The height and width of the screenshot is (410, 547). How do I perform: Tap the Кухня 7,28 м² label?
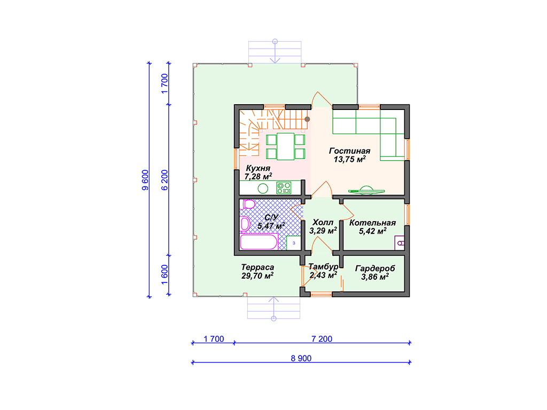click(x=258, y=172)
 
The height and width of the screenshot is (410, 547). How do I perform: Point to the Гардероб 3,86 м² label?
click(x=375, y=273)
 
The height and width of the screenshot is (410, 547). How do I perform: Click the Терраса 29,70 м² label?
click(x=257, y=272)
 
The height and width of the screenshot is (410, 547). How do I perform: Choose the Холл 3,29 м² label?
click(x=323, y=226)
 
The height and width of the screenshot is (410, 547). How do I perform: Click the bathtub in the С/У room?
click(x=259, y=242)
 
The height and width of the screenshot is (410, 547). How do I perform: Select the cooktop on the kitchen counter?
click(x=284, y=188)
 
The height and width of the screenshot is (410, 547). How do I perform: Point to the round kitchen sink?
click(x=263, y=188)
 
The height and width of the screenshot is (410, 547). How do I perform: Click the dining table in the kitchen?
click(x=285, y=146)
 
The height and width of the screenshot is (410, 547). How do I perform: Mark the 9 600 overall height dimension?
click(x=145, y=180)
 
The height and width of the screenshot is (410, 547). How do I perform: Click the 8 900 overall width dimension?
click(x=301, y=358)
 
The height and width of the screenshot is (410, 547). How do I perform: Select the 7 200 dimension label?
click(x=322, y=339)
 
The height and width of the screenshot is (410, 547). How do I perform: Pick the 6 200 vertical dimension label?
click(x=165, y=180)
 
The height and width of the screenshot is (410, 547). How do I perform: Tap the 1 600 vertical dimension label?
click(x=165, y=275)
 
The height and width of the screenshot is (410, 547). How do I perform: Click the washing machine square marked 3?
click(x=294, y=243)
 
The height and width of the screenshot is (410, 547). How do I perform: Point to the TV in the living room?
click(x=366, y=190)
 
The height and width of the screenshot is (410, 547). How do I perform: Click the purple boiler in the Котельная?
click(x=400, y=243)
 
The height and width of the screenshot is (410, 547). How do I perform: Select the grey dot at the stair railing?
click(x=307, y=119)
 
